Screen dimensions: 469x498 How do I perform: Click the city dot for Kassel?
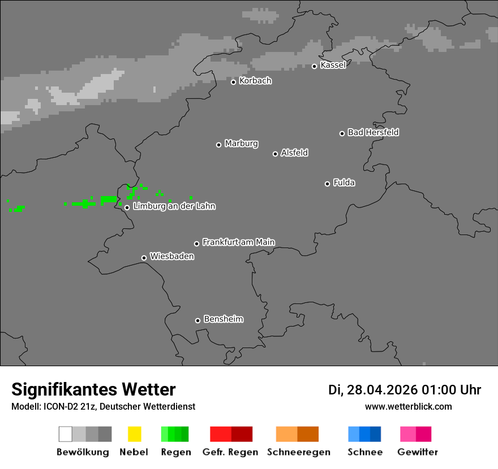[315, 66]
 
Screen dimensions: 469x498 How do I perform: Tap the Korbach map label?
[255, 81]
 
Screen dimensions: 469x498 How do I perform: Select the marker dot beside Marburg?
[218, 145]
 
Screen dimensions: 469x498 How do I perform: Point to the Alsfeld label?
[294, 153]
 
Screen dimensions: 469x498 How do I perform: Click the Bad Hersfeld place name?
[373, 132]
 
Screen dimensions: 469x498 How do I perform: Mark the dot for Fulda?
[327, 184]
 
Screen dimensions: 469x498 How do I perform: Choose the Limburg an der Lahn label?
[174, 206]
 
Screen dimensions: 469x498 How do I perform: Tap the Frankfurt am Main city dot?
[197, 244]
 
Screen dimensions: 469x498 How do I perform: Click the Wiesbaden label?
[172, 257]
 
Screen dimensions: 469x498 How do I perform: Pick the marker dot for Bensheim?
[198, 320]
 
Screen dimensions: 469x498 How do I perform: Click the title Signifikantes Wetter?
[93, 389]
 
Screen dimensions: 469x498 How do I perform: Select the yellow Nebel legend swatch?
[134, 434]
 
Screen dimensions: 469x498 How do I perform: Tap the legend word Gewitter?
[418, 452]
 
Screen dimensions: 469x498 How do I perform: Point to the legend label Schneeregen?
[299, 452]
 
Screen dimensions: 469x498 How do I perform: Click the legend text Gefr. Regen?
[230, 452]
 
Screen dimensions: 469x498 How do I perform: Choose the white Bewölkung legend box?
[65, 434]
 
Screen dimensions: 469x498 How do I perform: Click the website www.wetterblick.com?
[408, 406]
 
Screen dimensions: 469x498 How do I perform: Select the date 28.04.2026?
[382, 390]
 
